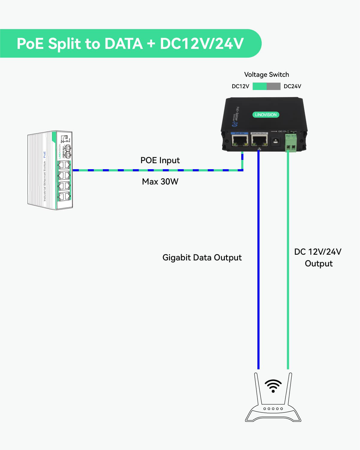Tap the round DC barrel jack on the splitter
pos(275,141)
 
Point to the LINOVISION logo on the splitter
pos(266,115)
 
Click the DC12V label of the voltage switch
pos(240,86)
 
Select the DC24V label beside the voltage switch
pos(292,86)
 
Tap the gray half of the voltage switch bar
pos(273,86)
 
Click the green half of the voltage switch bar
pos(260,86)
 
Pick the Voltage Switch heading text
pos(266,74)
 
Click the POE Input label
pos(160,160)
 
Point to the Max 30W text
pos(160,181)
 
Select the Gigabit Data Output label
pos(202,257)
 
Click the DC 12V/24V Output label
pos(318,257)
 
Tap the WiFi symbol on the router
pos(273,386)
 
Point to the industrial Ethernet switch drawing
pos(50,170)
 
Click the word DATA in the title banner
pos(123,43)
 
